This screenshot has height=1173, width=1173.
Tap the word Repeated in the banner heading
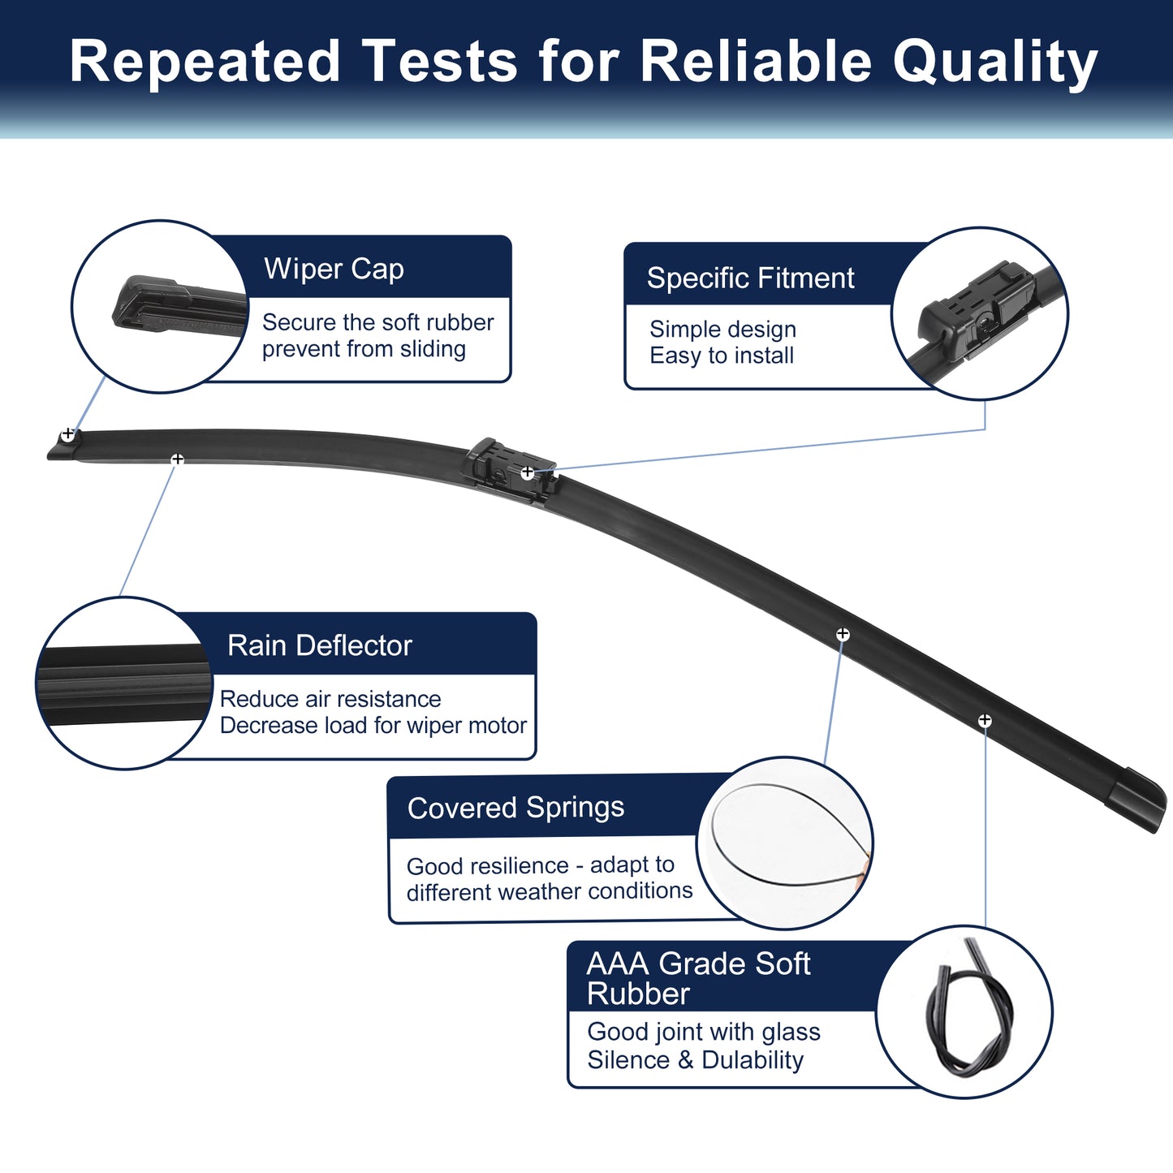pos(205,62)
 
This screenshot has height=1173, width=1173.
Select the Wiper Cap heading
pos(334,269)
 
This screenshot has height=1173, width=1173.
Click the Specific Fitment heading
pos(750,278)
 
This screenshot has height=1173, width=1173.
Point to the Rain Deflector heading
pos(320,645)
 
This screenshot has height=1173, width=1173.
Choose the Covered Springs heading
pos(515,808)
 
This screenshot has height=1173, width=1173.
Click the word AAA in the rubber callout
pos(617,964)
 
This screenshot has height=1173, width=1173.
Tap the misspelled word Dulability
pos(753,1060)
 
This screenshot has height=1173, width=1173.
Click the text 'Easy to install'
pos(722,356)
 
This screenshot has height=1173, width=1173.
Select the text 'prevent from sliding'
pos(364,349)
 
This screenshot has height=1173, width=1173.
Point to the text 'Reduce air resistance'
pos(330,699)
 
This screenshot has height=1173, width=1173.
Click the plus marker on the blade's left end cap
pos(68,434)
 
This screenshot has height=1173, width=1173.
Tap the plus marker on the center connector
pos(527,472)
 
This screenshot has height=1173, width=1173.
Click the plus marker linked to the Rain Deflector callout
pos(177,459)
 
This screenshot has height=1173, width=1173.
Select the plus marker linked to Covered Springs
pos(843,634)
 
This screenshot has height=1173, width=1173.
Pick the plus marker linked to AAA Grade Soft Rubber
pos(985,721)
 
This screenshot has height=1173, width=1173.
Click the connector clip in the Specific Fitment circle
pos(974,310)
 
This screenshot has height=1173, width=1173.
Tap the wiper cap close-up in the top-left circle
pos(176,305)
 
